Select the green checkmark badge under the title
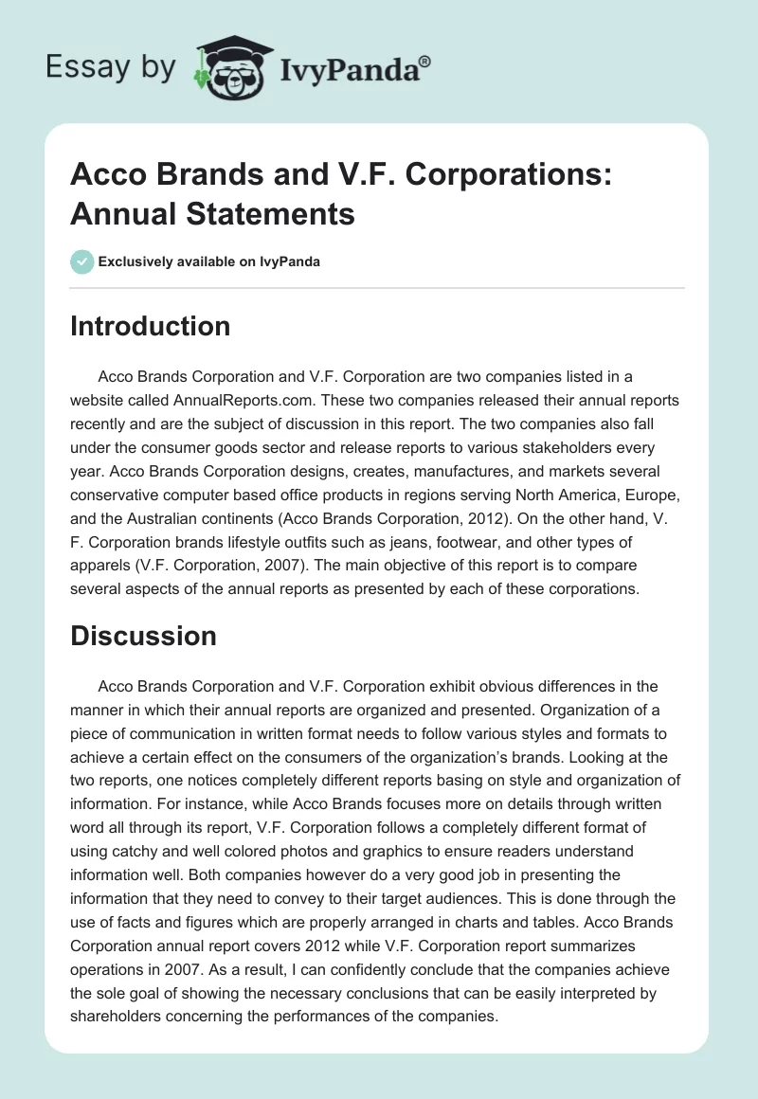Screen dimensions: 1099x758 [x=82, y=261]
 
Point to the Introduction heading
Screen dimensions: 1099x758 [x=151, y=326]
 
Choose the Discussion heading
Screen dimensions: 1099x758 [x=143, y=636]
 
